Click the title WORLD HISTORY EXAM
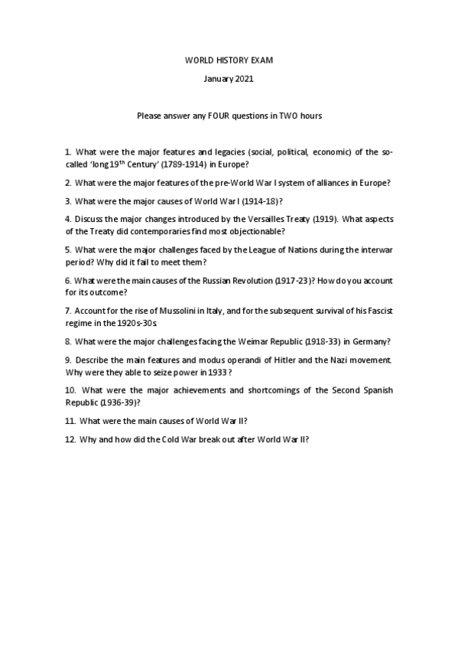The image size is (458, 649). pos(229,60)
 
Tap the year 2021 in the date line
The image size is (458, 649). pos(242,79)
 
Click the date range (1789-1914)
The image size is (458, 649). pos(177,165)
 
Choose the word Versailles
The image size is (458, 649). pos(271,219)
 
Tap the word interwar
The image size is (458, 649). pos(376,249)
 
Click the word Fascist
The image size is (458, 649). pos(378,310)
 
